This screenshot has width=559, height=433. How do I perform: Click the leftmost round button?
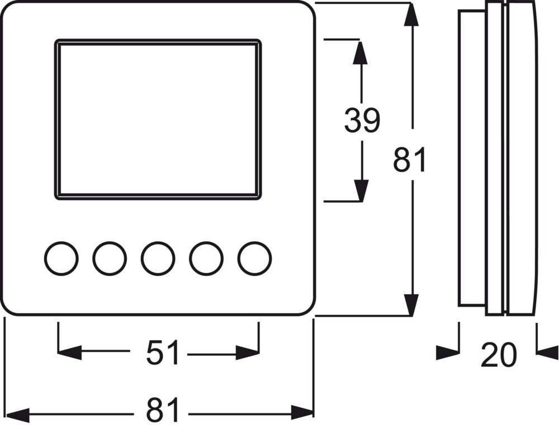click(61, 258)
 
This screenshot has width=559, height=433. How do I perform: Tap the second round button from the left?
click(110, 258)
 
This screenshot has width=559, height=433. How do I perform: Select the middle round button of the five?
click(158, 258)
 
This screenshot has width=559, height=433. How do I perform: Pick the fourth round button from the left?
click(206, 258)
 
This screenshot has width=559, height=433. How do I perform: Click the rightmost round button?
click(255, 258)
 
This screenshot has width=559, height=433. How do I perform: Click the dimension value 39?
click(362, 120)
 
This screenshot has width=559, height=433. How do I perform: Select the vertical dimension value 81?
click(410, 160)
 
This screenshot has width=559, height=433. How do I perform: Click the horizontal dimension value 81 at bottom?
click(163, 412)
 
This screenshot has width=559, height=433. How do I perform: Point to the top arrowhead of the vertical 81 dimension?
click(412, 14)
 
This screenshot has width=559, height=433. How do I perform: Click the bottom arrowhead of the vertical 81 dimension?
click(412, 304)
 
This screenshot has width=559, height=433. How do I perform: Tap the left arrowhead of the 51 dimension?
click(69, 352)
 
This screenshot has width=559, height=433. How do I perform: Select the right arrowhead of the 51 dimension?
click(248, 352)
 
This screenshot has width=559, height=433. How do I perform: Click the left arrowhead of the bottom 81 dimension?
click(17, 415)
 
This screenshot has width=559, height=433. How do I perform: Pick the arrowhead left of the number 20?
click(447, 352)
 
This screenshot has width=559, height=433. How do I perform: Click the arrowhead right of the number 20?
click(547, 352)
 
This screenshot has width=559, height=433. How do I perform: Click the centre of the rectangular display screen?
click(158, 119)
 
